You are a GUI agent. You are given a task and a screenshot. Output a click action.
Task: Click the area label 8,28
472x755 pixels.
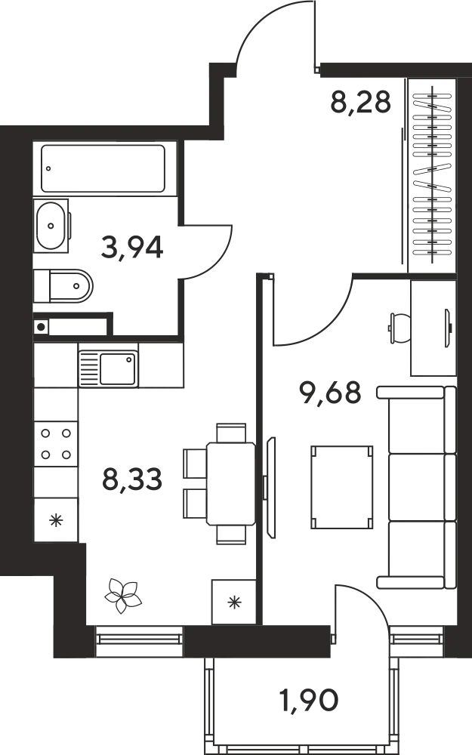[360, 102]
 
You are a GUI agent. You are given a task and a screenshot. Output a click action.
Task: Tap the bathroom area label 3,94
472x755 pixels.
[132, 247]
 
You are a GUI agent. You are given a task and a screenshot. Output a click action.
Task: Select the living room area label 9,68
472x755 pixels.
[330, 393]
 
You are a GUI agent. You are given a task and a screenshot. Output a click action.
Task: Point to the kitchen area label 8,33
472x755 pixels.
[132, 479]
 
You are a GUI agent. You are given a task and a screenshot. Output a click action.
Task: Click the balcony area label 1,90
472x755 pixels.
[309, 700]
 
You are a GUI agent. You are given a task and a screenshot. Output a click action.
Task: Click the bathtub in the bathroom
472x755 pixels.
[103, 168]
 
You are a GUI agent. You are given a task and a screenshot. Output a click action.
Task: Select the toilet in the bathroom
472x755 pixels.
[63, 285]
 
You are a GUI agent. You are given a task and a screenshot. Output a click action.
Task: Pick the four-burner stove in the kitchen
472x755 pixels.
[56, 443]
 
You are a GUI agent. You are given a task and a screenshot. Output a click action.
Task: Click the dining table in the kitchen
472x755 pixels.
[231, 483]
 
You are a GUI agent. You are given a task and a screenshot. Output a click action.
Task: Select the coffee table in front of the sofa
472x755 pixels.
[342, 487]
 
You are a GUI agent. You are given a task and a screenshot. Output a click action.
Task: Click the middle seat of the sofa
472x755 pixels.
[422, 487]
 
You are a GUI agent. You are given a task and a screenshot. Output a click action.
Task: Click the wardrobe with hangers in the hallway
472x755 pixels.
[432, 176]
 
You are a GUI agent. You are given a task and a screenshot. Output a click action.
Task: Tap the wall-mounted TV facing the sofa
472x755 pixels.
[270, 487]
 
